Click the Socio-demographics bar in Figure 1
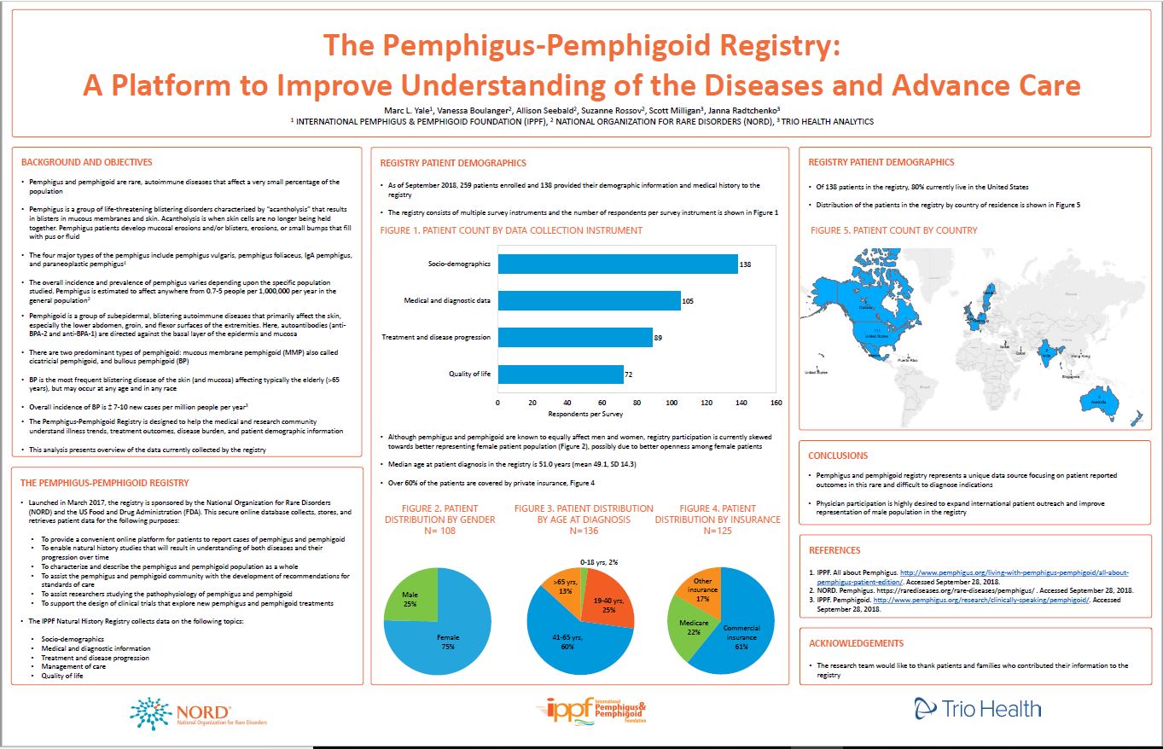618,264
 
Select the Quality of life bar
561,374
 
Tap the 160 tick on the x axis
776,402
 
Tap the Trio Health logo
977,708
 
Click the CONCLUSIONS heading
838,456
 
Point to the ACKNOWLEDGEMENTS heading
856,643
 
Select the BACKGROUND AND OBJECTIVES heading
86,162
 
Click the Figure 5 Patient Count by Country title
893,230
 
